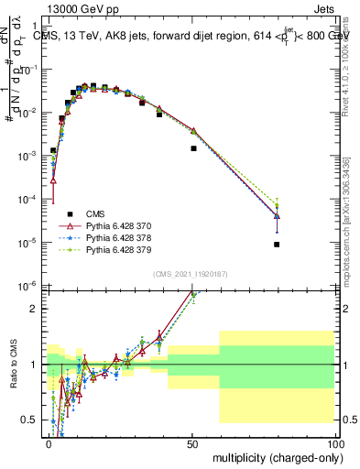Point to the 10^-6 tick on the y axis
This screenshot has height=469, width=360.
(x=31, y=286)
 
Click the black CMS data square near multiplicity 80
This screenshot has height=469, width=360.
(x=277, y=245)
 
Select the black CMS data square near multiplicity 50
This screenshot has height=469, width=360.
(x=193, y=148)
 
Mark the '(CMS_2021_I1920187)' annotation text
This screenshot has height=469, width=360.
(x=191, y=274)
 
